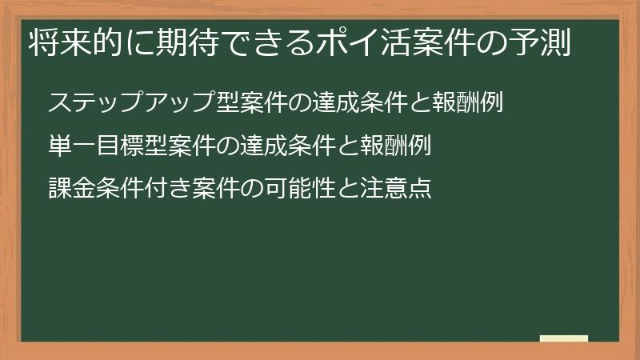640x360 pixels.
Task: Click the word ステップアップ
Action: [122, 103]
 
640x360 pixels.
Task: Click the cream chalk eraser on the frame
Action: [563, 339]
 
